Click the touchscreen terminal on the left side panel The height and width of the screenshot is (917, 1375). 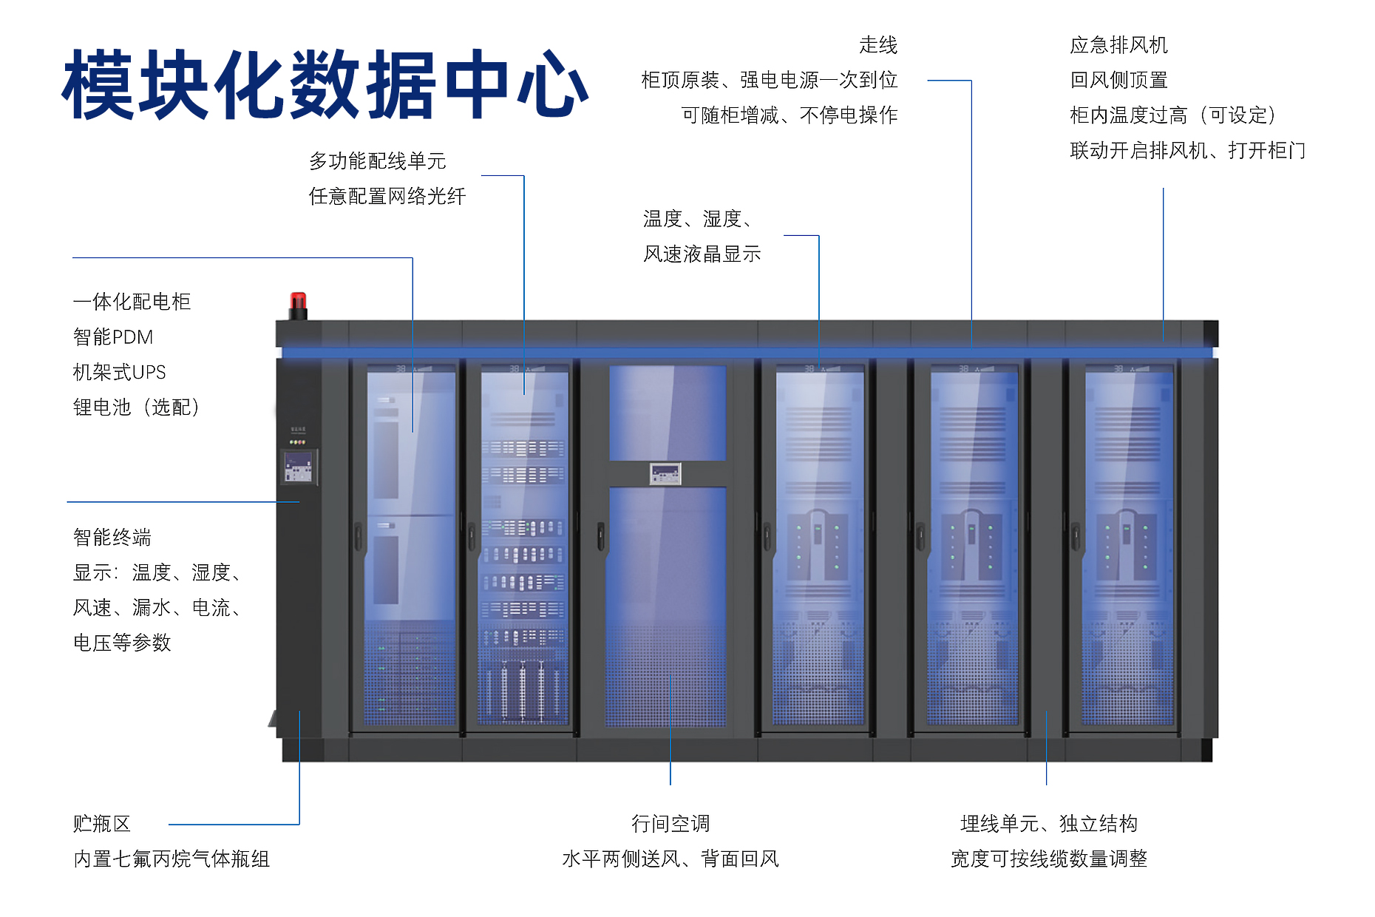pyautogui.click(x=298, y=467)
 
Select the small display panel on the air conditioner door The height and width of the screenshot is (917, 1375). pyautogui.click(x=665, y=473)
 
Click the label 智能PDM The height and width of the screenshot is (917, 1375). pyautogui.click(x=113, y=337)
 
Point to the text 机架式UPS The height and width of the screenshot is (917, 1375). pyautogui.click(x=119, y=372)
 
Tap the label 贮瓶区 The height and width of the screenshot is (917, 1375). pyautogui.click(x=101, y=824)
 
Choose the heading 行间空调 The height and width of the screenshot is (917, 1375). pyautogui.click(x=670, y=824)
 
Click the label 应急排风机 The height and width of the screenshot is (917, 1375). pyautogui.click(x=1118, y=46)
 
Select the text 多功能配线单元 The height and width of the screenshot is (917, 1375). pyautogui.click(x=377, y=161)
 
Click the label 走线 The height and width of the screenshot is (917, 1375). pyautogui.click(x=878, y=46)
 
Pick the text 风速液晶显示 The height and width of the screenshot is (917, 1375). pyautogui.click(x=702, y=254)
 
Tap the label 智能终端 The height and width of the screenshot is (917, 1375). pyautogui.click(x=112, y=538)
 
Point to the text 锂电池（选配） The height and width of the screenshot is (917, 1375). pyautogui.click(x=136, y=407)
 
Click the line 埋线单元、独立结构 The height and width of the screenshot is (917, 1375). pyautogui.click(x=1048, y=824)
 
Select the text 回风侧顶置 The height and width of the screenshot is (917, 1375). pyautogui.click(x=1118, y=81)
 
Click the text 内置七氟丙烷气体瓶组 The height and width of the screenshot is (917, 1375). pyautogui.click(x=172, y=859)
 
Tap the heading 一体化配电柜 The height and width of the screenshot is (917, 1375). pyautogui.click(x=132, y=302)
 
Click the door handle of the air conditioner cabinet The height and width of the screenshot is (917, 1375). pyautogui.click(x=601, y=536)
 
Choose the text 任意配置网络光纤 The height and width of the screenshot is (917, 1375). pyautogui.click(x=387, y=197)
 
